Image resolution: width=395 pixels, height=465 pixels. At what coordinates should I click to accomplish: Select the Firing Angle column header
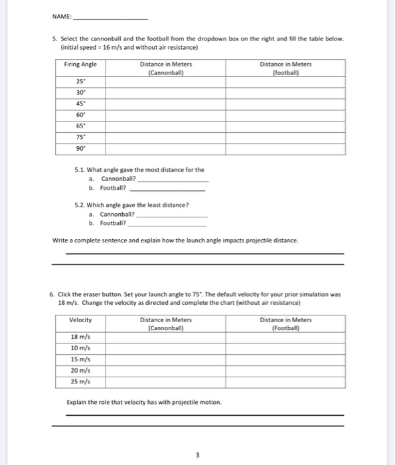(x=80, y=64)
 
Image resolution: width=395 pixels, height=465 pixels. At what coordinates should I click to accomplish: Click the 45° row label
(x=80, y=103)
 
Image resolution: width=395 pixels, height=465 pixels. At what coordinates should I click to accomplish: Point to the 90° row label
(x=80, y=149)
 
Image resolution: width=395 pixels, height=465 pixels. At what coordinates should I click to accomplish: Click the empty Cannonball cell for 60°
(x=166, y=115)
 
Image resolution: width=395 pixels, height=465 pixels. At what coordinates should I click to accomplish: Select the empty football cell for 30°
(x=285, y=92)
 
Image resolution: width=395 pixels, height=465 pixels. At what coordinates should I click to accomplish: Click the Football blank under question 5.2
(x=167, y=225)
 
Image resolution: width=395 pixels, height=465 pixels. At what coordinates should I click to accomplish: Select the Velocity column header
(x=80, y=320)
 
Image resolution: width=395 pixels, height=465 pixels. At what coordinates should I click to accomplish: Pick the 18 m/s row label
(x=80, y=337)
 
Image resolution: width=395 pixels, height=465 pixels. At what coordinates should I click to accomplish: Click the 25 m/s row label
(x=80, y=383)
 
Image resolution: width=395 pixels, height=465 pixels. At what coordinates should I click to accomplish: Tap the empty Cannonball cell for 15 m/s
(x=166, y=360)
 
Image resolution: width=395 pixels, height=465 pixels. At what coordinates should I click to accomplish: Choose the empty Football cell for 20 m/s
(x=285, y=371)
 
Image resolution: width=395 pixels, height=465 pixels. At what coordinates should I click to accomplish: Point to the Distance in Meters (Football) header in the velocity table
(x=285, y=324)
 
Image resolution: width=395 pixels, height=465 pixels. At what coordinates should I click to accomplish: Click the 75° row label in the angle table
(x=80, y=138)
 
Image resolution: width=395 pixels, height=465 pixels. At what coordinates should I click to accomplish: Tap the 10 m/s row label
(x=80, y=349)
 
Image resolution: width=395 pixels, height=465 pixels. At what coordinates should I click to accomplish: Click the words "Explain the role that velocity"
(x=106, y=403)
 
